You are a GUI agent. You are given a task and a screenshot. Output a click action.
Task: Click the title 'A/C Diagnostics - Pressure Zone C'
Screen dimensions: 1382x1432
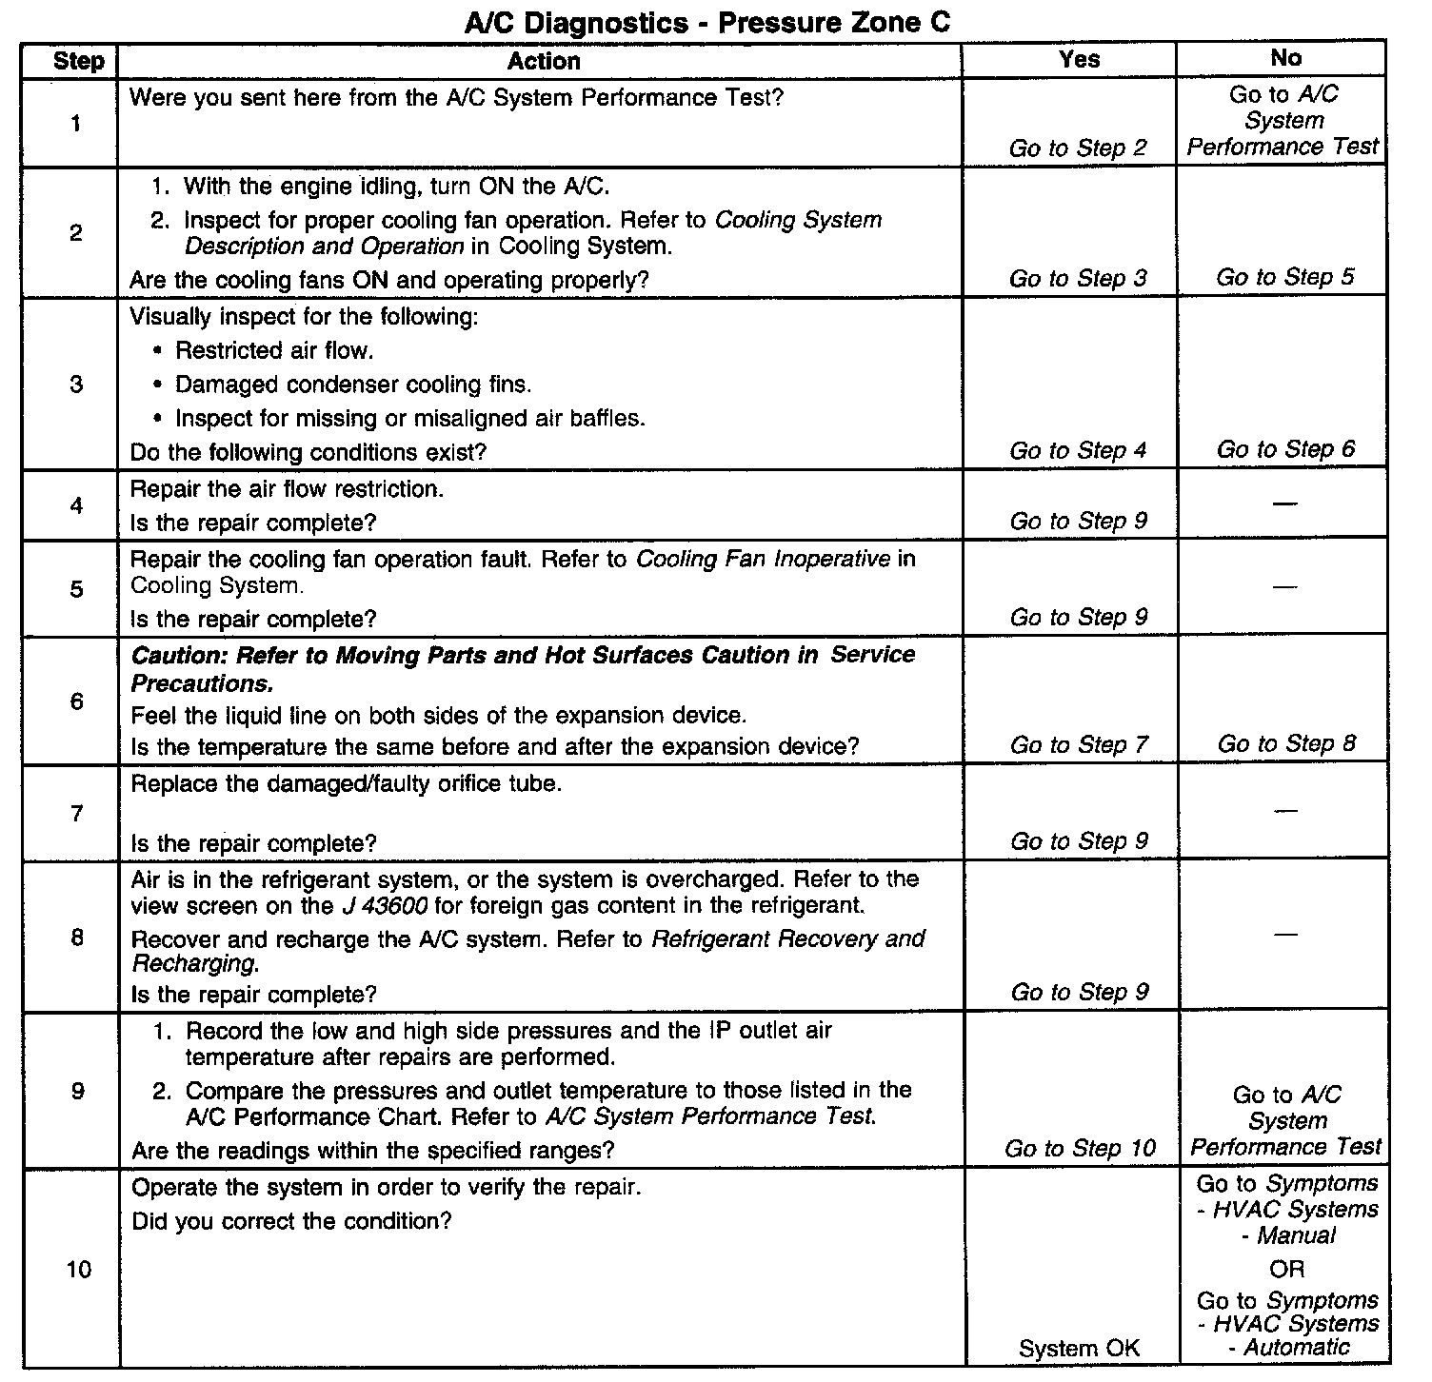pos(706,22)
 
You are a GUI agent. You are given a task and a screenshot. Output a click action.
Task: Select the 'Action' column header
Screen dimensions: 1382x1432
pos(543,62)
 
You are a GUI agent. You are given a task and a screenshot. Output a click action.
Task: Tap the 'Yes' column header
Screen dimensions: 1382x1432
pos(1079,59)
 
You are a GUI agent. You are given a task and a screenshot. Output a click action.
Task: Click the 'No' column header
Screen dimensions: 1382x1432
pos(1285,58)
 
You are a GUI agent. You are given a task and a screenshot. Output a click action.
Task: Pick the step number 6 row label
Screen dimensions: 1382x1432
pos(77,701)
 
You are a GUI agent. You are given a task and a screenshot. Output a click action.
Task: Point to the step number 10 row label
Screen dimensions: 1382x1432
pos(79,1269)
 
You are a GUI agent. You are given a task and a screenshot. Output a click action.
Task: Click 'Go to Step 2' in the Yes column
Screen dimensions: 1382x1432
pos(1078,148)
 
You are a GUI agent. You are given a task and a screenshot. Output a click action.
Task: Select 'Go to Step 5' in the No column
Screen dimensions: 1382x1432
pos(1284,278)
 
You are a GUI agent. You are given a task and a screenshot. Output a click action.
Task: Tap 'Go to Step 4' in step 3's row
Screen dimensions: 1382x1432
pos(1078,450)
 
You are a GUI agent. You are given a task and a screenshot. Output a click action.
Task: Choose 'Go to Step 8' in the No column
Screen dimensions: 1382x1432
pos(1285,744)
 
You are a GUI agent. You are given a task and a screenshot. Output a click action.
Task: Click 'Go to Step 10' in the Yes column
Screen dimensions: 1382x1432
pos(1080,1149)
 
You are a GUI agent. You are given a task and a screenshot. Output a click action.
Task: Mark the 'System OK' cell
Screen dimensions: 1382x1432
pos(1079,1349)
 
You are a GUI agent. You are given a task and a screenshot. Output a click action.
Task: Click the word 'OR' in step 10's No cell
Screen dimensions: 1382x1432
pos(1286,1269)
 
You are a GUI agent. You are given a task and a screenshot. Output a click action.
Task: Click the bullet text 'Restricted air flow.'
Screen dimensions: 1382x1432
pos(274,351)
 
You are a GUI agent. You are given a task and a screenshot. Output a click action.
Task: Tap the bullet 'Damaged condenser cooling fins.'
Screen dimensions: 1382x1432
pos(353,385)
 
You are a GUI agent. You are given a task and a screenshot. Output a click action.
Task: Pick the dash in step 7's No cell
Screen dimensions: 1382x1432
pos(1285,811)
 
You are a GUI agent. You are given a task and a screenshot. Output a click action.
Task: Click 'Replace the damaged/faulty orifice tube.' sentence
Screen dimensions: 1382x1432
pos(346,784)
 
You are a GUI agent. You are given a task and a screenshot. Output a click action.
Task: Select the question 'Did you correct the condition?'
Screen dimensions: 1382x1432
pos(291,1221)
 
